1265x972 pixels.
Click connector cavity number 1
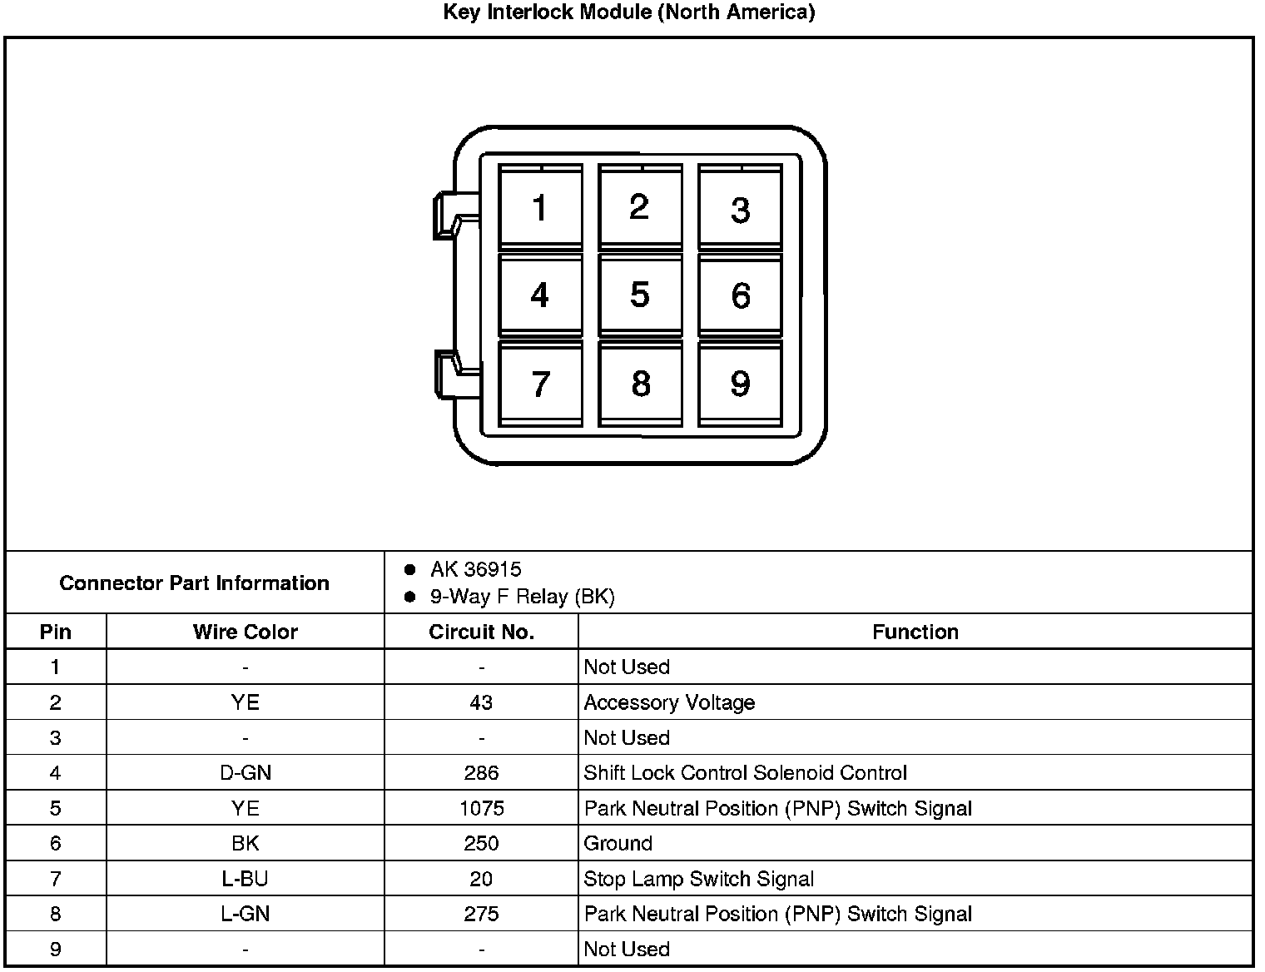point(540,207)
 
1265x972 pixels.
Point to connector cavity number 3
point(740,209)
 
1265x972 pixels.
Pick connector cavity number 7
point(540,384)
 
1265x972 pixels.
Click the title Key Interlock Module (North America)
point(628,12)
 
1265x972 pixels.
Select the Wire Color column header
point(245,632)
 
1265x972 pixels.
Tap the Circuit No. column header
point(481,632)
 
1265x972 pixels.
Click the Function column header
point(915,632)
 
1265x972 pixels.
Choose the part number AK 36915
point(475,569)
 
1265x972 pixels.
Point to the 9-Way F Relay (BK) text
point(522,597)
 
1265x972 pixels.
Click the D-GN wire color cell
point(245,773)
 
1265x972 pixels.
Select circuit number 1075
point(481,808)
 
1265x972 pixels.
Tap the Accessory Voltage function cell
point(669,702)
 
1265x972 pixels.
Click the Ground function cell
point(618,843)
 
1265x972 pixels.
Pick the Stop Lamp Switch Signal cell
point(698,879)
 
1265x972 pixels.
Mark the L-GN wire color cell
point(245,914)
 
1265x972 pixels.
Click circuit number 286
point(481,773)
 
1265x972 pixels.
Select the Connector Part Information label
point(194,583)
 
